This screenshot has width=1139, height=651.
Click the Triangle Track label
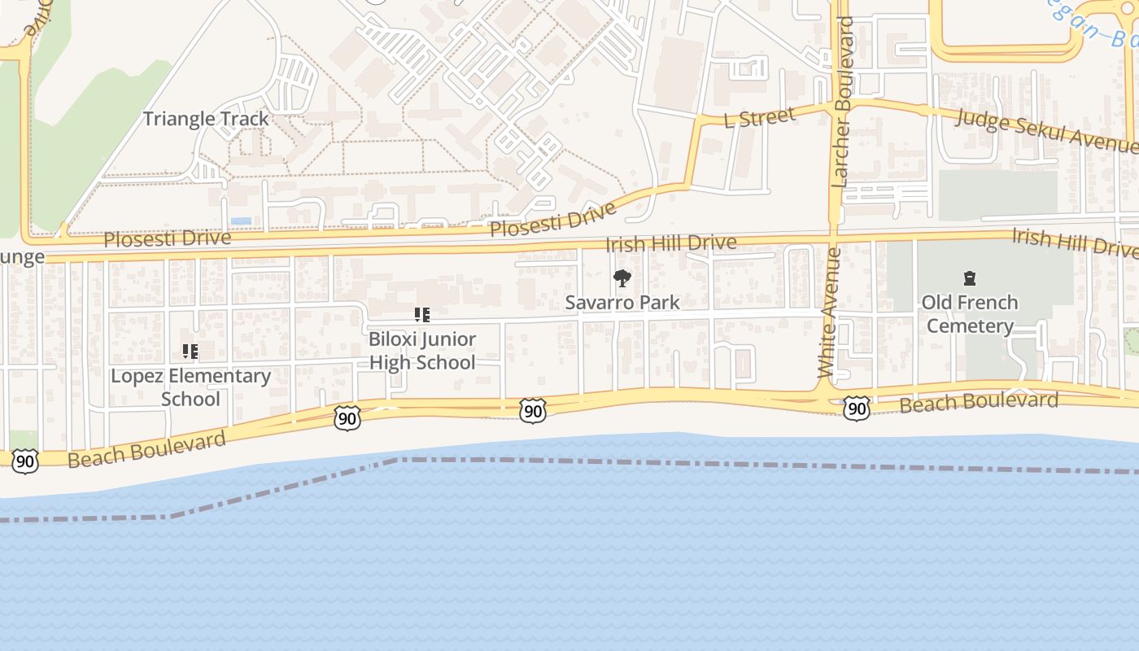point(206,119)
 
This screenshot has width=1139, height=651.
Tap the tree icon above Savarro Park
point(622,278)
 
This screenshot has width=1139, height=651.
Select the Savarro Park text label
point(622,303)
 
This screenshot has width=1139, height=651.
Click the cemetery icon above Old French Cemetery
point(969,279)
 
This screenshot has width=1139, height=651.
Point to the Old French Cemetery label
point(969,314)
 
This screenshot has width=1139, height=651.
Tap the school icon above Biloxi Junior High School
point(421,315)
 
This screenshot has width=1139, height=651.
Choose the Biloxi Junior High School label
point(422,351)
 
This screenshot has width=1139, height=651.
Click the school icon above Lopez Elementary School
point(190,352)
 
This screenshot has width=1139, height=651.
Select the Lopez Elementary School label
point(190,387)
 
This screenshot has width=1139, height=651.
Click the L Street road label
point(759,118)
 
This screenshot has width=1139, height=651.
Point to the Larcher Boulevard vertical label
point(844,102)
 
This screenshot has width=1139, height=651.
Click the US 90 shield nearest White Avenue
point(856,408)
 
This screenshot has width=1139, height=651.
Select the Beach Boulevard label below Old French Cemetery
point(979,402)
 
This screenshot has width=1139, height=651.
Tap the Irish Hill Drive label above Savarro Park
point(671,242)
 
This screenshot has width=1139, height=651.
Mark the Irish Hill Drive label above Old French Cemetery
point(1074,242)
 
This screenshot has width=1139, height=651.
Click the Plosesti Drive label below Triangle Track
point(168,239)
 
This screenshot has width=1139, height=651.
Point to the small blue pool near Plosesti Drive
point(241,221)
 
